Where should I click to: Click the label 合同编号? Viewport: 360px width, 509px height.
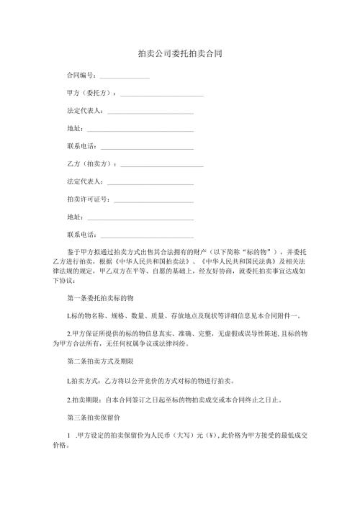pos(81,75)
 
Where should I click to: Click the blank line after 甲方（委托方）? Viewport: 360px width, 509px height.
pos(162,94)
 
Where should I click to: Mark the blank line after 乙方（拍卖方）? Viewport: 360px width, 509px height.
pos(162,165)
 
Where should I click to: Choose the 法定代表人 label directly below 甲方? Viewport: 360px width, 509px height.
pos(84,111)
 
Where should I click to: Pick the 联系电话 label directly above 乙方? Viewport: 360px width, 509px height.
pos(81,146)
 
